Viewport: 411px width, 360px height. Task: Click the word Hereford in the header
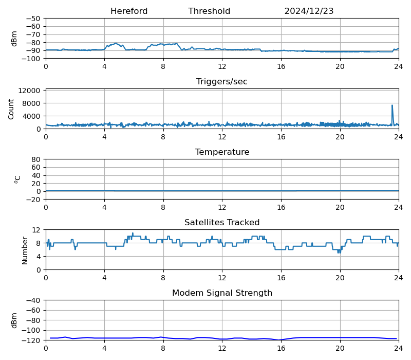[129, 11]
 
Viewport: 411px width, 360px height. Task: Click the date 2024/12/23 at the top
[309, 11]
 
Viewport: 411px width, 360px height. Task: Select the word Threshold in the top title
[209, 11]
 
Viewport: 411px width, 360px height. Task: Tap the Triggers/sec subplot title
[222, 82]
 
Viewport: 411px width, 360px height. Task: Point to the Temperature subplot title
[222, 152]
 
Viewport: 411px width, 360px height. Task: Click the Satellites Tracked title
[222, 223]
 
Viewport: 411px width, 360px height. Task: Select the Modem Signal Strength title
[222, 293]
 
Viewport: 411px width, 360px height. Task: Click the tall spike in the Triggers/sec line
[392, 106]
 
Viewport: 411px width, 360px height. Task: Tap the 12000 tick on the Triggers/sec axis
[30, 91]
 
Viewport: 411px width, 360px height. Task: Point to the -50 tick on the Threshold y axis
[34, 19]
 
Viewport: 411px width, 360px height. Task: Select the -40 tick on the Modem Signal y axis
[34, 300]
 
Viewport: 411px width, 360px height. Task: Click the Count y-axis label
[11, 109]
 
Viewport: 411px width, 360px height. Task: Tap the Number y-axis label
[25, 250]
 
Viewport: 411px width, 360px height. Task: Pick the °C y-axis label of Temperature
[17, 179]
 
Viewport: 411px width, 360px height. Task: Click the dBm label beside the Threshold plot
[14, 39]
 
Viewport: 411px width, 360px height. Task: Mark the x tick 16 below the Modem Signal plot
[281, 349]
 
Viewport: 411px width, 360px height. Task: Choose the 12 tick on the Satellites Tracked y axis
[37, 230]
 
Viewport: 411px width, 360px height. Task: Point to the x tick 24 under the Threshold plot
[398, 67]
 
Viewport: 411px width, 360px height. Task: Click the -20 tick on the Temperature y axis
[34, 200]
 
